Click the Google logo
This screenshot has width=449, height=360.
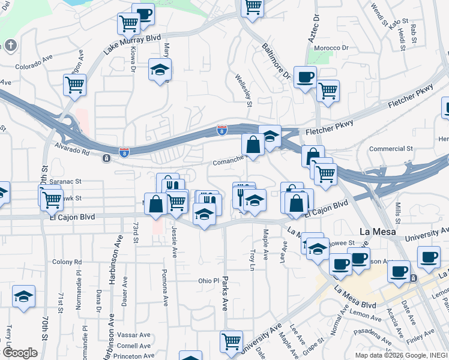[20, 352]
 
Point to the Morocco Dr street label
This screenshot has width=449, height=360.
[334, 48]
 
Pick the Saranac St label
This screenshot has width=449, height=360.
[65, 181]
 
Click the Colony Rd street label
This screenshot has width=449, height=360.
[66, 262]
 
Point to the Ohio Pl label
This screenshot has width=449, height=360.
[209, 280]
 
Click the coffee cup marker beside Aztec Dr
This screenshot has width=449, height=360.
[306, 77]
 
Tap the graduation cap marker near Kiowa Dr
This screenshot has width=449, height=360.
[160, 70]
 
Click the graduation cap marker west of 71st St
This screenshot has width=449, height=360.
[23, 296]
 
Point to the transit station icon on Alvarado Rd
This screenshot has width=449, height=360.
[106, 158]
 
